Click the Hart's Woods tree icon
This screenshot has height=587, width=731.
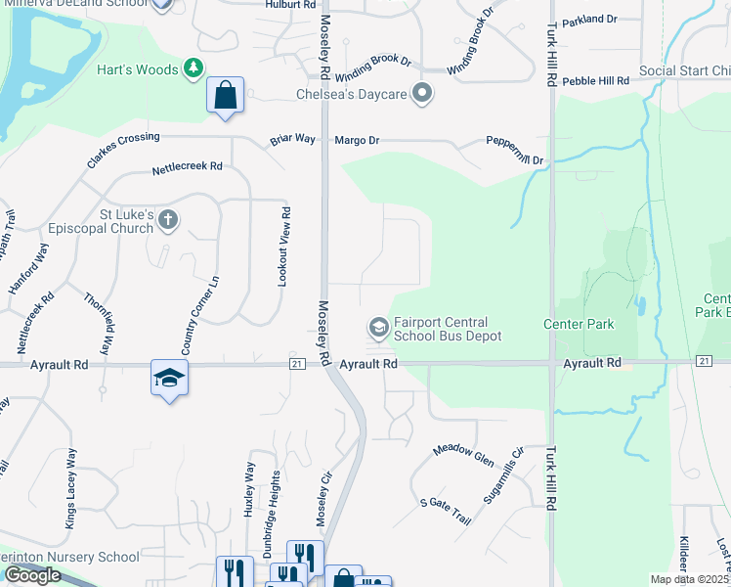[193, 68]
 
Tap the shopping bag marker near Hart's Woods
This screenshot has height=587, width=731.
[225, 97]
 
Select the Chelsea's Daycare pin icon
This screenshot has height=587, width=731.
[422, 95]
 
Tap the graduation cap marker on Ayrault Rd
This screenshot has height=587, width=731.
[168, 379]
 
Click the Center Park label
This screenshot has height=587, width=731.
[579, 324]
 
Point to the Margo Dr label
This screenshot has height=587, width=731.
[357, 141]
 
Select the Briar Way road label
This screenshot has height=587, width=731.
[292, 140]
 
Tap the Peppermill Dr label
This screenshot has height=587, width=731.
[514, 151]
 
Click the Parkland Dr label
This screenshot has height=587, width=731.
[591, 19]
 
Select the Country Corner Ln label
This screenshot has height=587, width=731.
[199, 315]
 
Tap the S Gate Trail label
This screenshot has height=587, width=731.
[446, 511]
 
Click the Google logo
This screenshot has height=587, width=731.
[32, 574]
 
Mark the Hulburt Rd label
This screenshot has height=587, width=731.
[291, 5]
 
